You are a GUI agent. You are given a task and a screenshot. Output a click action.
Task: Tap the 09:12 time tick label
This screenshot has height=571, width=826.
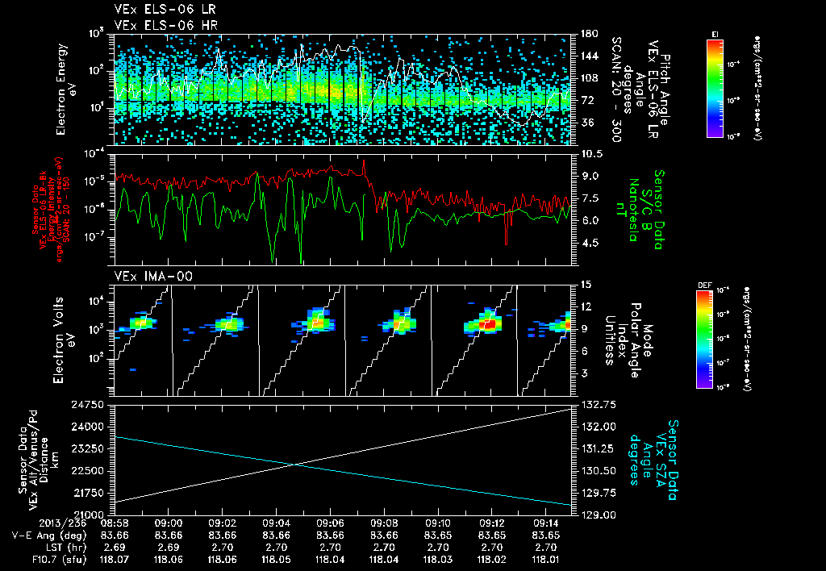click(x=492, y=523)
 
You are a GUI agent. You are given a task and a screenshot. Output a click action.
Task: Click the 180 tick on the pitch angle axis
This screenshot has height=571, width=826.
click(x=589, y=33)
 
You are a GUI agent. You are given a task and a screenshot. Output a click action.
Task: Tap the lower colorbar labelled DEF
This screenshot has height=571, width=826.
click(x=703, y=338)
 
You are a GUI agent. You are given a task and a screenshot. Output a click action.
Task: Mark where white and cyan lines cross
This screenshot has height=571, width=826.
click(x=294, y=463)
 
